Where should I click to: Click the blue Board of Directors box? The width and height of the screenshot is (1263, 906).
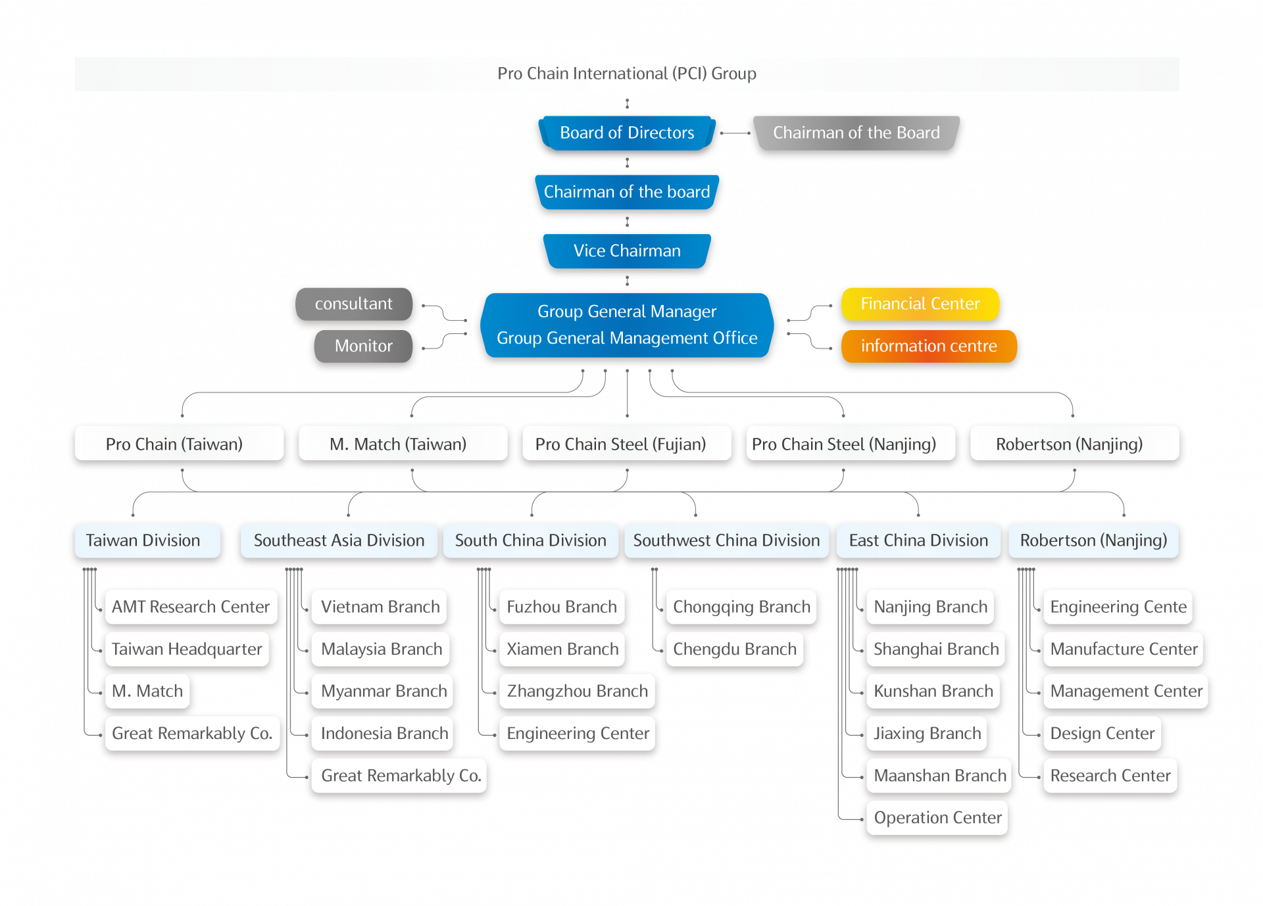click(x=626, y=133)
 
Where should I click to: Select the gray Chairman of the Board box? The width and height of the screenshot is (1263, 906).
click(x=856, y=133)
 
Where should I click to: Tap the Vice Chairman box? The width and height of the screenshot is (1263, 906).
click(x=626, y=251)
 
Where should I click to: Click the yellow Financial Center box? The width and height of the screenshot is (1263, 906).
click(x=920, y=304)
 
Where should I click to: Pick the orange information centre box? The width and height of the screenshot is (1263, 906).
click(x=928, y=346)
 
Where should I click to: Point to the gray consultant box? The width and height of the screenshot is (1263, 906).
click(x=353, y=304)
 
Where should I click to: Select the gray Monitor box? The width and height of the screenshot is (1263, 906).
click(x=363, y=346)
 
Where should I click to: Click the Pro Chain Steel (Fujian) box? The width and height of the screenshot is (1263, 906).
click(x=626, y=444)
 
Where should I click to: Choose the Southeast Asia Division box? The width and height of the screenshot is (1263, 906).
click(x=339, y=540)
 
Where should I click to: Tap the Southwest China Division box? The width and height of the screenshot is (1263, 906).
click(x=726, y=540)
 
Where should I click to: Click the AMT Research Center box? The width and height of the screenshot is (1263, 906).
click(x=191, y=606)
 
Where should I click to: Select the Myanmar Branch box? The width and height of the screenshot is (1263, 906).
click(x=384, y=691)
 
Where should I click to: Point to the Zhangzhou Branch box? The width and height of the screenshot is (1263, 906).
click(x=577, y=691)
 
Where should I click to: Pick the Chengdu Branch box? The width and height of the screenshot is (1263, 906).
click(x=734, y=649)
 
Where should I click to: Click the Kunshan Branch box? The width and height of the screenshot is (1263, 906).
click(x=933, y=691)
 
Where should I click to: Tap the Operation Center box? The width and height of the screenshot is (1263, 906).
click(x=937, y=817)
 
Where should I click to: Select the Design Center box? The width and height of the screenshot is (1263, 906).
click(x=1102, y=733)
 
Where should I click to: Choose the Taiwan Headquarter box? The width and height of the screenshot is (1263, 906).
click(x=187, y=649)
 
